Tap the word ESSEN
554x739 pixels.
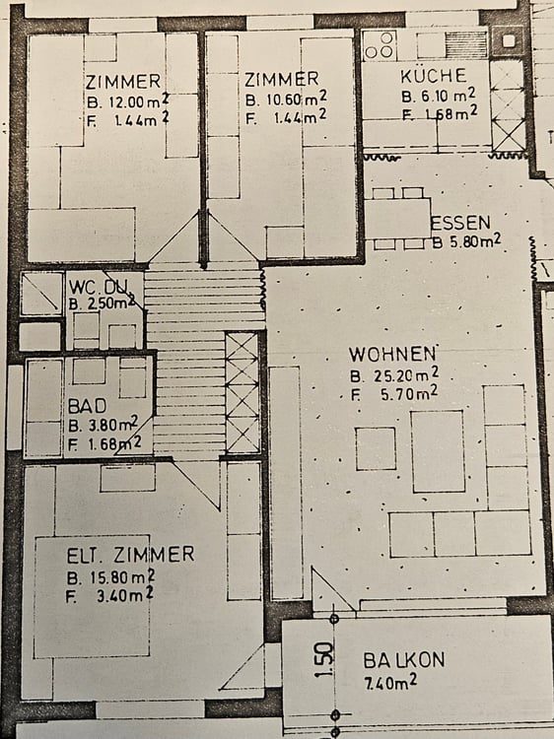pyautogui.click(x=458, y=222)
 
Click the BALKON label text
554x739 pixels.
pyautogui.click(x=404, y=660)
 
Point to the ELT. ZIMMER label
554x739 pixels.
pyautogui.click(x=130, y=555)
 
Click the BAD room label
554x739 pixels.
pyautogui.click(x=87, y=405)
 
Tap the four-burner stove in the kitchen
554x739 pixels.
pyautogui.click(x=380, y=43)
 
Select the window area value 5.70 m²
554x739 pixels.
pyautogui.click(x=404, y=392)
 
